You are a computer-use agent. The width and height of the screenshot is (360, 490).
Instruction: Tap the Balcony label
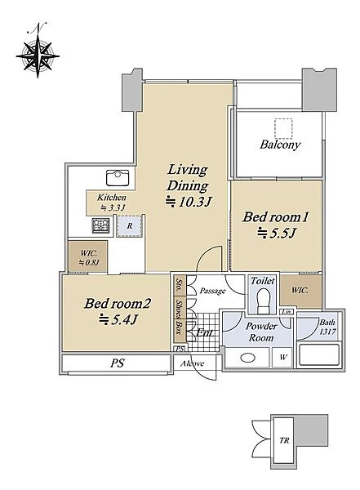[280, 145]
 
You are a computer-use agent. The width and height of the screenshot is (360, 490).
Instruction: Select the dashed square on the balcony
[283, 128]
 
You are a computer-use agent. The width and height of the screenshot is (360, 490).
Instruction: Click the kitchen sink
[118, 178]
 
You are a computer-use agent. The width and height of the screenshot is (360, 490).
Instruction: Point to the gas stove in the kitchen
[100, 225]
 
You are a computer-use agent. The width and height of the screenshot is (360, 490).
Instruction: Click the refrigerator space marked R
[130, 225]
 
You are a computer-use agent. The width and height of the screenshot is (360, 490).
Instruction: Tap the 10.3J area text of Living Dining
[189, 202]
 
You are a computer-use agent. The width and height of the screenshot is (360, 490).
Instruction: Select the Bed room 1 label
[276, 217]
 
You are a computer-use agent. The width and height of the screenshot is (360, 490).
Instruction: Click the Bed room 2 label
[118, 303]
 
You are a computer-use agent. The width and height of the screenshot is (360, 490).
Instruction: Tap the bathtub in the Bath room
[318, 355]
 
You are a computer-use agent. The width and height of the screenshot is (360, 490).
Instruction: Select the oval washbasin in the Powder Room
[249, 358]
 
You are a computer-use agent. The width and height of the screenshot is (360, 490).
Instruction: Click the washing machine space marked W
[282, 358]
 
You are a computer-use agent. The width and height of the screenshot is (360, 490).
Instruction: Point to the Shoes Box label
[179, 318]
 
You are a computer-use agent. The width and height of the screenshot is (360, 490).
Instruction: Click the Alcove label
[192, 363]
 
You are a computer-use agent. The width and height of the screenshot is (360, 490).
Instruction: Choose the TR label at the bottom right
[284, 441]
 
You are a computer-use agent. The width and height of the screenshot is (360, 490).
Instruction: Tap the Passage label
[213, 291]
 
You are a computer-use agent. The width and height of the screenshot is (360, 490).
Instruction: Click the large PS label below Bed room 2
[118, 363]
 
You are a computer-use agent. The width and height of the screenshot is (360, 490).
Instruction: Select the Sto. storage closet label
[180, 285]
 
